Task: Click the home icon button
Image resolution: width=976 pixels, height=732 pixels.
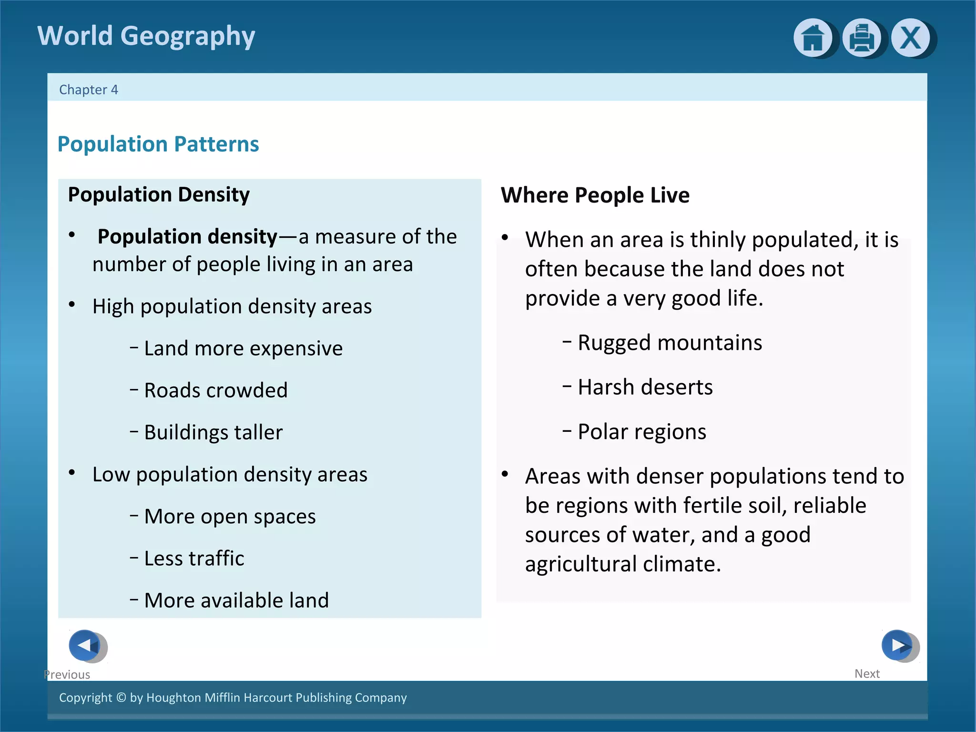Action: [x=813, y=38]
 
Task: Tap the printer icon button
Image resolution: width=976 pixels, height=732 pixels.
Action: [x=862, y=38]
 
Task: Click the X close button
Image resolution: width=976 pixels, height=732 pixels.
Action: [x=911, y=38]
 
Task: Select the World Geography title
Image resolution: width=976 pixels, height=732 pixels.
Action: [x=146, y=36]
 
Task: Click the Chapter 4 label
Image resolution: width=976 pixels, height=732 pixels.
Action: [x=89, y=90]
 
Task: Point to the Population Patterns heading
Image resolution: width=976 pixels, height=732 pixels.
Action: [x=158, y=144]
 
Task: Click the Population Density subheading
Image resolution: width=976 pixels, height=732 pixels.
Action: [x=159, y=194]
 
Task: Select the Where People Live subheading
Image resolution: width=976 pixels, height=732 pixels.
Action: [x=595, y=195]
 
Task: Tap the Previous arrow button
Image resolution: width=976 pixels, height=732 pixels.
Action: [x=86, y=646]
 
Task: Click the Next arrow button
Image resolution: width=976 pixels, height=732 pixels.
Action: [x=898, y=646]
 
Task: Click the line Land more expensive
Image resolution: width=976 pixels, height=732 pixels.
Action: [x=243, y=348]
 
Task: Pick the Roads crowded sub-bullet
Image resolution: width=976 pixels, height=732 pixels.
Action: [x=215, y=390]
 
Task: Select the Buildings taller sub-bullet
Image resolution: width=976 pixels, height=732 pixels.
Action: [x=213, y=432]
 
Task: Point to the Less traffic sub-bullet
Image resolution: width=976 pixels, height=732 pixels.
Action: [x=194, y=558]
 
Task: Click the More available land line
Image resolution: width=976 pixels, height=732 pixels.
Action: [x=236, y=600]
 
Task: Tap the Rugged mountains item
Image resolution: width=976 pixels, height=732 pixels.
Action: [x=670, y=343]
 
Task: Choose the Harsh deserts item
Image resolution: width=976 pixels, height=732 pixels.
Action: [x=645, y=387]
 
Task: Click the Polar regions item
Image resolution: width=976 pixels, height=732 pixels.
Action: [x=641, y=432]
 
